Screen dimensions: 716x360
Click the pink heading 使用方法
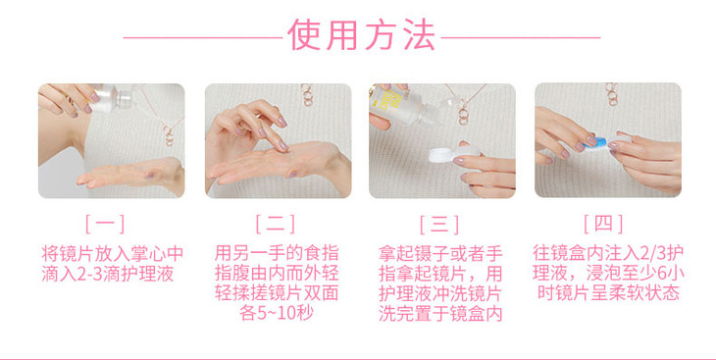click(x=361, y=34)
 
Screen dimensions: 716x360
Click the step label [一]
click(x=105, y=224)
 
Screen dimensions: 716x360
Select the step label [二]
click(x=275, y=224)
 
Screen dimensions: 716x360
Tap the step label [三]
click(x=438, y=224)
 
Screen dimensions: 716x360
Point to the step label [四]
click(x=603, y=224)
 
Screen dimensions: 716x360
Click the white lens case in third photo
click(x=453, y=154)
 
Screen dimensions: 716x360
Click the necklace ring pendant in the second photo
click(x=307, y=95)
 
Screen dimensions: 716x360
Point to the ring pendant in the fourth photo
click(x=611, y=94)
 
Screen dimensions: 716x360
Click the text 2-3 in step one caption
click(x=81, y=275)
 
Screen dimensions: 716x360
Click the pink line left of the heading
click(x=203, y=37)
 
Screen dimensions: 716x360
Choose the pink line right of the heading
click(x=521, y=37)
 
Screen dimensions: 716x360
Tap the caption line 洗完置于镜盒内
click(x=440, y=314)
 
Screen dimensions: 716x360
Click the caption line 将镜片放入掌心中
click(x=113, y=253)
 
